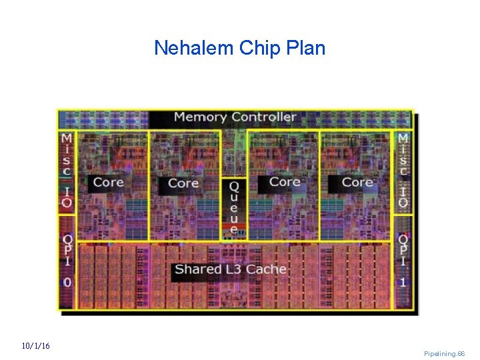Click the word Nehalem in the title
(x=189, y=48)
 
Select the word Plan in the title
(x=303, y=48)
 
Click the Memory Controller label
(x=235, y=117)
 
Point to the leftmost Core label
(x=108, y=182)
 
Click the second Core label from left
(x=183, y=183)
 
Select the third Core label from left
(x=285, y=181)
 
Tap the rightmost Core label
(x=357, y=182)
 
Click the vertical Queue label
(x=233, y=207)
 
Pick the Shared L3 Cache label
(x=230, y=269)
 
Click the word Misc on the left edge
(x=67, y=155)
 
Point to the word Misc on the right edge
(x=403, y=155)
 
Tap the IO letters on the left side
(x=67, y=196)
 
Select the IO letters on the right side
(x=403, y=196)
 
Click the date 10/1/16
(x=35, y=346)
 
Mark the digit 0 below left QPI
(x=67, y=282)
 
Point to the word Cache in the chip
(x=266, y=269)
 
